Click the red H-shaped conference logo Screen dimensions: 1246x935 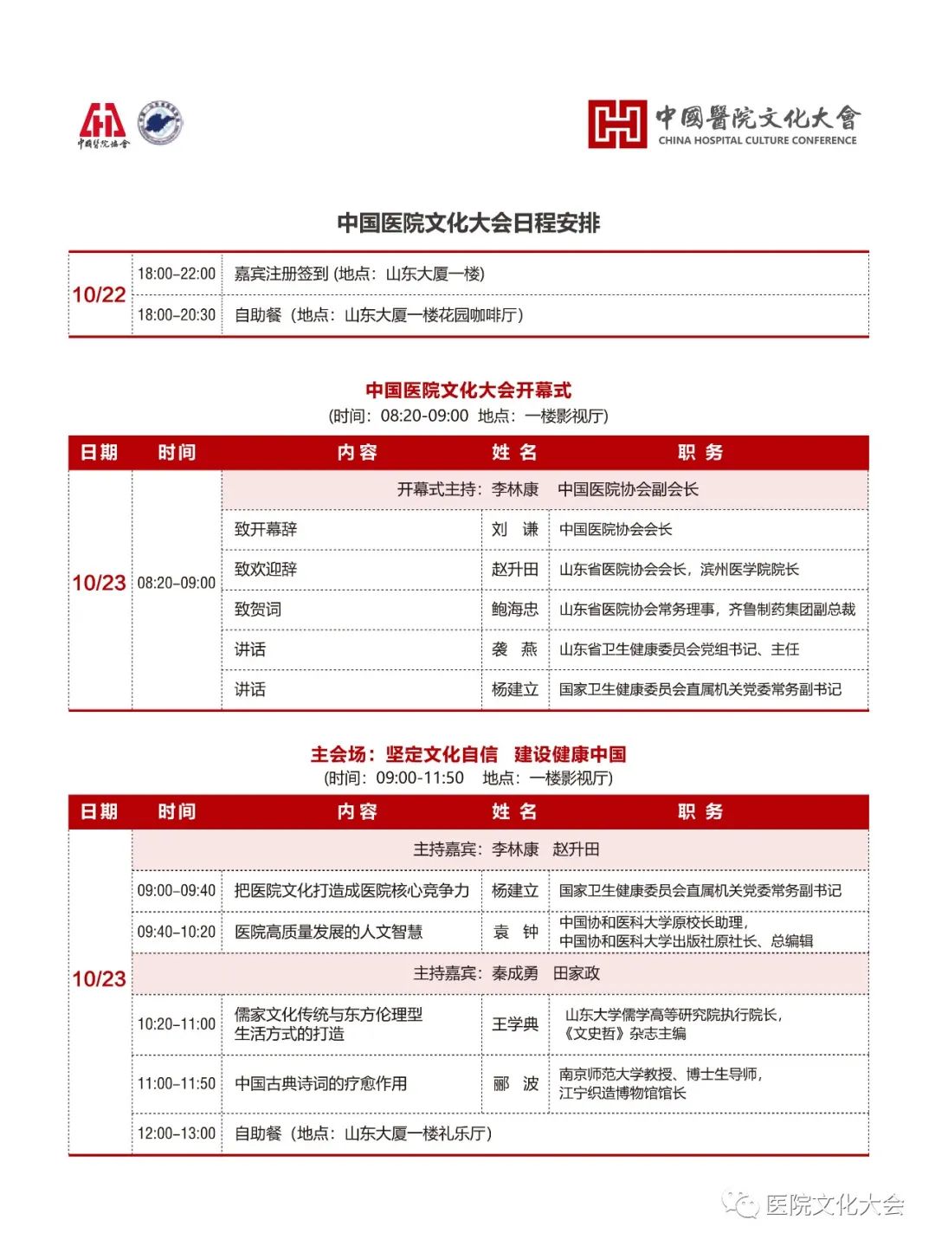(x=616, y=124)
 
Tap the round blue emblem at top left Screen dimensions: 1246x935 (x=161, y=124)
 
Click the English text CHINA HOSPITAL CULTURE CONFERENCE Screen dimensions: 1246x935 (x=758, y=140)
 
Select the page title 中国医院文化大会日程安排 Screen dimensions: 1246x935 (x=468, y=223)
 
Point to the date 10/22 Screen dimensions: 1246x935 (x=99, y=294)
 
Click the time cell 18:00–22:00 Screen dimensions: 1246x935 (x=177, y=274)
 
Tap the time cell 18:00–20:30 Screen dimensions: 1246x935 (x=177, y=315)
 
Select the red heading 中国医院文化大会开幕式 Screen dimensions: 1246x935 (x=468, y=391)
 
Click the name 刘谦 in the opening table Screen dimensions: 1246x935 (x=515, y=529)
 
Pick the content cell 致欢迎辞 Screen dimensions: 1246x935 (x=266, y=569)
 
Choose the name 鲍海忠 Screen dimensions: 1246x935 (x=515, y=610)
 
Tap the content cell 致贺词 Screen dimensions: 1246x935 (x=258, y=610)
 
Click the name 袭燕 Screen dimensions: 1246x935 (x=515, y=649)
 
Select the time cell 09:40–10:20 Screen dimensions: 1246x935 (x=177, y=932)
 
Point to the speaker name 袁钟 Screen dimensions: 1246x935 (x=515, y=932)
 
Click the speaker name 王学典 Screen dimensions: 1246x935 (x=515, y=1024)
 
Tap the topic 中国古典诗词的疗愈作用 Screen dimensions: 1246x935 (x=321, y=1083)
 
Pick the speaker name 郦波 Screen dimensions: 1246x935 (x=515, y=1083)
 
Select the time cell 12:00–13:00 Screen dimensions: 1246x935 (x=177, y=1133)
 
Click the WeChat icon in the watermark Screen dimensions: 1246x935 (x=741, y=1204)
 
